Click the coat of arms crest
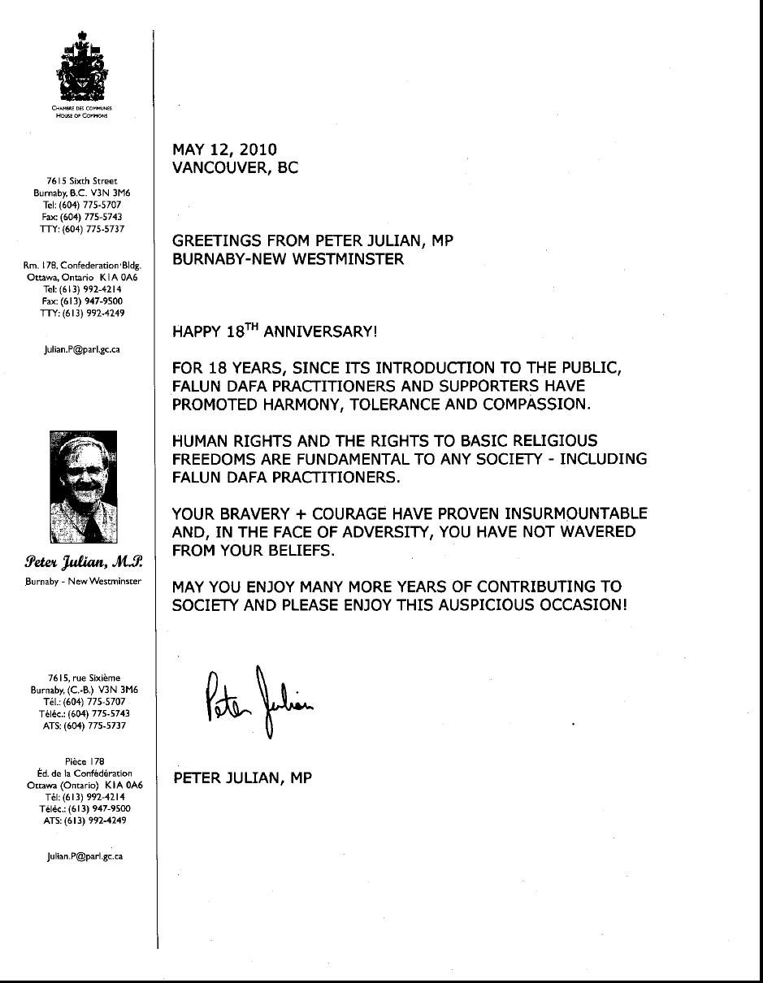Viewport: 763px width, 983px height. tap(82, 66)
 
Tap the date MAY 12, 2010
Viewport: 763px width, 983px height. tap(224, 149)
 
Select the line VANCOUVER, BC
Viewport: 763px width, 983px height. tap(235, 168)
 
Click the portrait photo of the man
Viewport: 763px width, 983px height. tap(84, 487)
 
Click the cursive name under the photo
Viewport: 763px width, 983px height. tap(84, 562)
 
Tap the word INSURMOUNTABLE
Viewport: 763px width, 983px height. tap(576, 513)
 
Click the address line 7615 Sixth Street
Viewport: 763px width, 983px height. tap(82, 180)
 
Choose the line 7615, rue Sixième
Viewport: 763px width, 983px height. tap(84, 678)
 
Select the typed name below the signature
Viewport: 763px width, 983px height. tap(243, 778)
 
